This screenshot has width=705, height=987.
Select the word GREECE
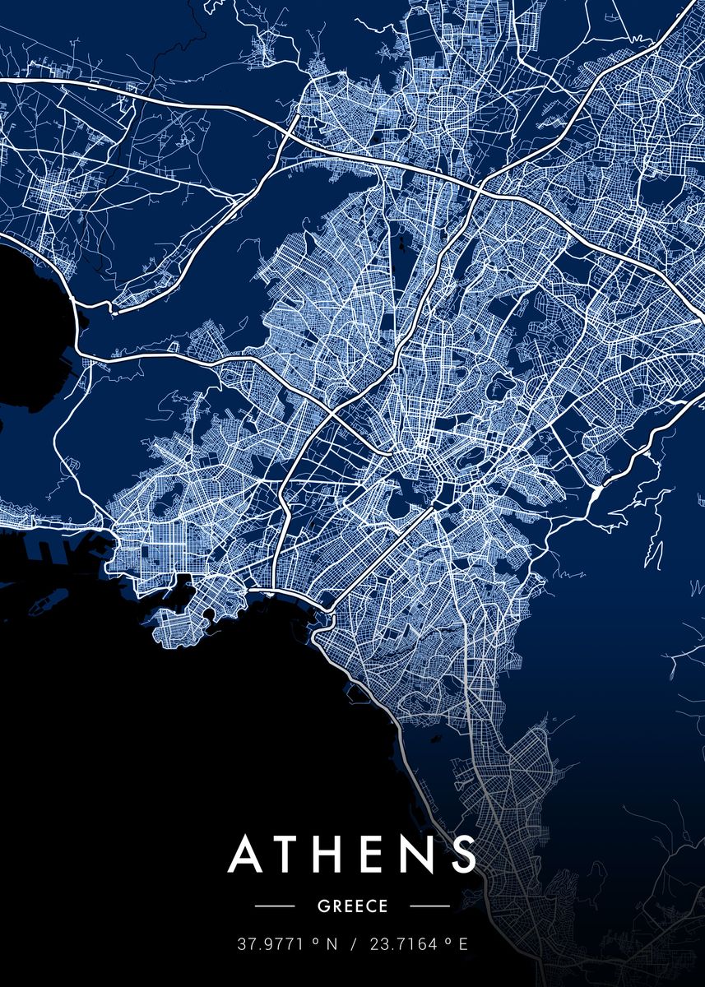point(352,906)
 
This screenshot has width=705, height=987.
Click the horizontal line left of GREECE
point(275,906)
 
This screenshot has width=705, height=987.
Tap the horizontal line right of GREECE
point(429,906)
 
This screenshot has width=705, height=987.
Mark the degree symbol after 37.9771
point(315,942)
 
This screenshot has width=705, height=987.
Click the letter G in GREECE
point(322,906)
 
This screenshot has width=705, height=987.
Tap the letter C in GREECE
point(371,906)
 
